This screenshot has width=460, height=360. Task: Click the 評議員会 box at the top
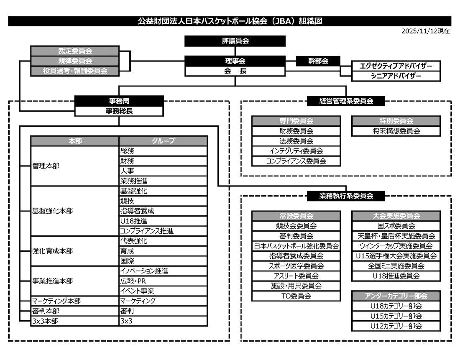(235, 41)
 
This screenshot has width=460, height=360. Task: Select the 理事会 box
(235, 61)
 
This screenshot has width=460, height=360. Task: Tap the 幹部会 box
(318, 61)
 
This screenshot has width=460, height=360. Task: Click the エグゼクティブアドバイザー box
(396, 66)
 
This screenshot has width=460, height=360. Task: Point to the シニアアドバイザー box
(396, 76)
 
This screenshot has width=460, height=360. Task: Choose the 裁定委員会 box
(75, 51)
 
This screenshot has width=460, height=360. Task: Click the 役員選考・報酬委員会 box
(75, 71)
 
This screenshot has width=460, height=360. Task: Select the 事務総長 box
(119, 111)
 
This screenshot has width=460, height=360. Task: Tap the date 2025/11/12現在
(425, 31)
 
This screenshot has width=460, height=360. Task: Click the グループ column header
(163, 141)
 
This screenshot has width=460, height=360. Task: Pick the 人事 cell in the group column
(163, 171)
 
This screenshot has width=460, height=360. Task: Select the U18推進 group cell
(163, 221)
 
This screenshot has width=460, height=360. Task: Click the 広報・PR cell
(163, 281)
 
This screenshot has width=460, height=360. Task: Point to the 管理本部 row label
(46, 166)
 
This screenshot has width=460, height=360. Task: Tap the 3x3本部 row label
(45, 321)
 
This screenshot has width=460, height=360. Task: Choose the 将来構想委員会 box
(396, 131)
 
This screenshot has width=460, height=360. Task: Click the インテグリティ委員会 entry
(296, 151)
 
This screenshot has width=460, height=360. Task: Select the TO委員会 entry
(296, 296)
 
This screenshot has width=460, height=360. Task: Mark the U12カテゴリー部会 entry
(396, 326)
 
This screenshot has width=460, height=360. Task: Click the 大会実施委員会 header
(396, 216)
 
